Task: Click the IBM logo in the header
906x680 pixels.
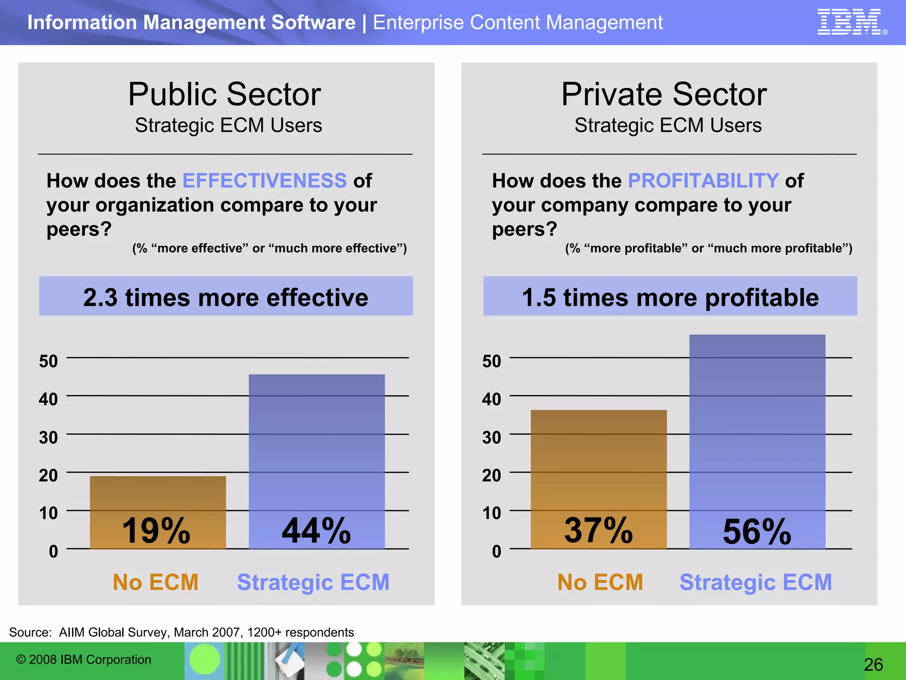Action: tap(849, 22)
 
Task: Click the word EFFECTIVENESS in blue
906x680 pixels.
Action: tap(264, 181)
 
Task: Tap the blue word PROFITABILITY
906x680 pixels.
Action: tap(703, 181)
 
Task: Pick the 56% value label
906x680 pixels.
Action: tap(757, 531)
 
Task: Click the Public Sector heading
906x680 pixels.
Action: tap(224, 94)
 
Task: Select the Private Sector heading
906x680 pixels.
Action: tap(664, 94)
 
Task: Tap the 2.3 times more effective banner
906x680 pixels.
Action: tap(226, 297)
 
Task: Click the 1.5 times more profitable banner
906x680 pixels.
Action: tap(670, 297)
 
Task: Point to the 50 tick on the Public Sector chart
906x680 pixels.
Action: tap(48, 361)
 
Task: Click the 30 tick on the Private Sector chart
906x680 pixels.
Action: tap(491, 437)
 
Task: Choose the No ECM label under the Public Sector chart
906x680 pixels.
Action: tap(156, 582)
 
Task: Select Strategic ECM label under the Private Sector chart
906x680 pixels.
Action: tap(756, 582)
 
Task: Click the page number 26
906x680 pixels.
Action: tap(873, 665)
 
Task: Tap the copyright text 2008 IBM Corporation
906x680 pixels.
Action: tap(84, 660)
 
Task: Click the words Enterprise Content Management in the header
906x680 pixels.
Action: tap(518, 23)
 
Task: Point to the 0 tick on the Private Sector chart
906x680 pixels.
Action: tap(496, 552)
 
